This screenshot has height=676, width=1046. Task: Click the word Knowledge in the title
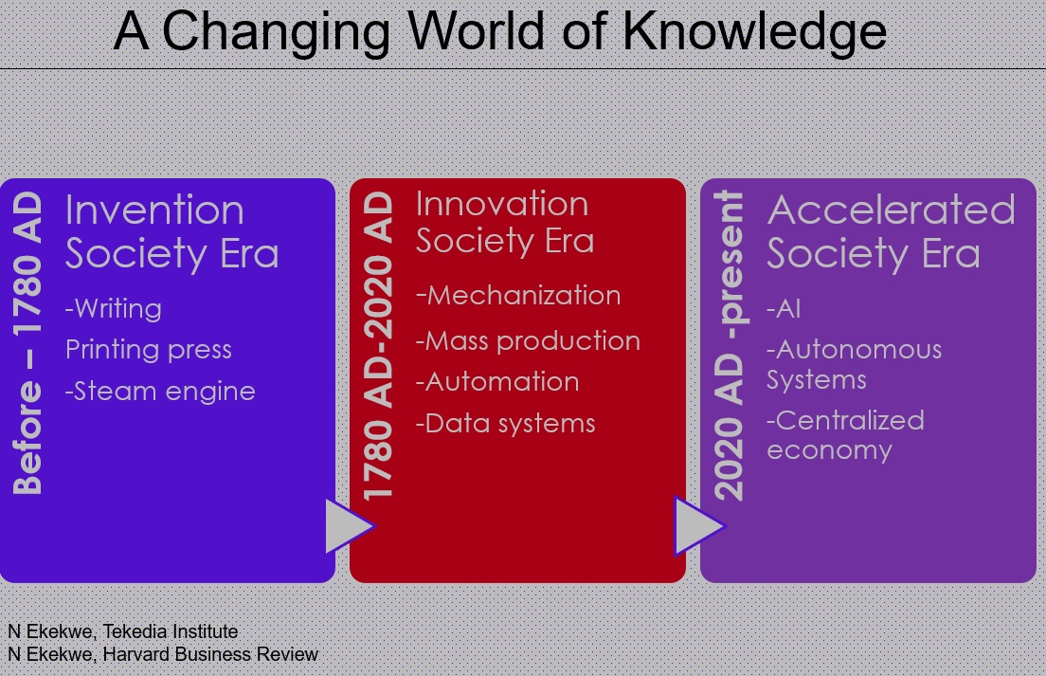pos(754,32)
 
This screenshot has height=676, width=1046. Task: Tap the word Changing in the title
pos(276,33)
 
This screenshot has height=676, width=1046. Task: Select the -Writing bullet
pos(114,309)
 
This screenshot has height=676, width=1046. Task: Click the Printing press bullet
pos(149,350)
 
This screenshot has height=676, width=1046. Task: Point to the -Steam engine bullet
pos(160,391)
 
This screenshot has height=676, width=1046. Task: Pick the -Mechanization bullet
pos(518,295)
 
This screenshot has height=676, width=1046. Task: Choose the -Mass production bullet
pos(528,340)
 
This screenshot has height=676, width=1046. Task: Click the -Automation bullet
pos(497,382)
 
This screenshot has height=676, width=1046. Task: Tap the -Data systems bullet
pos(505,424)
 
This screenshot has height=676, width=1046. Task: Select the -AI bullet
pos(784,309)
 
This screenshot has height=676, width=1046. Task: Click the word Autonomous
pos(858,349)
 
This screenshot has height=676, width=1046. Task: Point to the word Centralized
pos(850,420)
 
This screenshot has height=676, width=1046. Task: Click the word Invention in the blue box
pos(154,210)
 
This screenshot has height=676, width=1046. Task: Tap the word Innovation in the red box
pos(502,204)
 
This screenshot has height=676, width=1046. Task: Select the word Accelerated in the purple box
pos(892,210)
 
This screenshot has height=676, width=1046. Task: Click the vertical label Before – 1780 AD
pos(27,343)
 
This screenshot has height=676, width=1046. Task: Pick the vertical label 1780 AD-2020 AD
pos(378,346)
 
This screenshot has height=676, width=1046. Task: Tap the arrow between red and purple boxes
pos(700,526)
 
